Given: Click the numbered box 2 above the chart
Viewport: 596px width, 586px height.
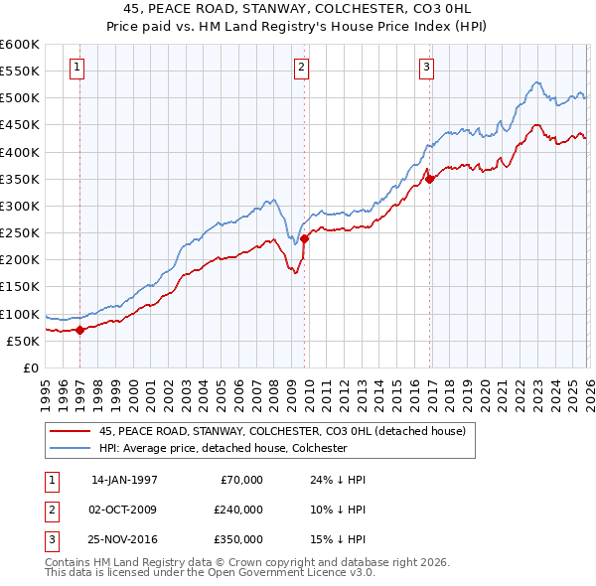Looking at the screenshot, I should pyautogui.click(x=302, y=68).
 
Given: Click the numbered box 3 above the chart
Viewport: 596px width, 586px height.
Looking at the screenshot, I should pyautogui.click(x=426, y=68).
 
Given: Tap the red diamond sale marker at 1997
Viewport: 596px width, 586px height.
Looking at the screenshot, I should pyautogui.click(x=80, y=331).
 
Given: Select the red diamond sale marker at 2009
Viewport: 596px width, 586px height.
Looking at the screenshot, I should pyautogui.click(x=304, y=238).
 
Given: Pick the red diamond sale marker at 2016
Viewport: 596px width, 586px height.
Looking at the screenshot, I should pyautogui.click(x=429, y=180).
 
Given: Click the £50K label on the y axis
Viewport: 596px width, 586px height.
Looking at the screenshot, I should pyautogui.click(x=24, y=341).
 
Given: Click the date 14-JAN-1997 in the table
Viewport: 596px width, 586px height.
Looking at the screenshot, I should pyautogui.click(x=124, y=480).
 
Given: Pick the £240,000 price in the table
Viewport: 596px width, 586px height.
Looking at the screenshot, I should pyautogui.click(x=238, y=509).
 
